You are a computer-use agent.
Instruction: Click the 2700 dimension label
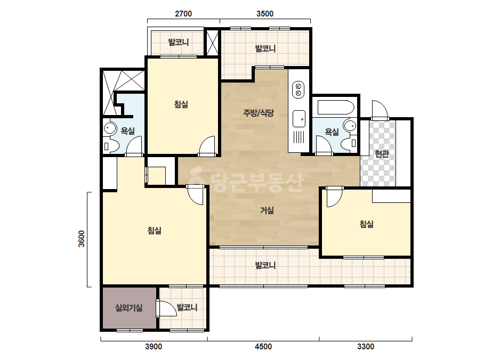tap(183, 14)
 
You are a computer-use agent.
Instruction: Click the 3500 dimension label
tap(265, 14)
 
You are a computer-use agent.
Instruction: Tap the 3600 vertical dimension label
tap(82, 239)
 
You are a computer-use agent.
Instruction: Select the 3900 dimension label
tap(154, 347)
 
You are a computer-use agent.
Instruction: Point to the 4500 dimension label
tap(263, 347)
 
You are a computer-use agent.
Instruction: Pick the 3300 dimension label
tap(366, 347)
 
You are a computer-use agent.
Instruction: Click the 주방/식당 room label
tap(259, 113)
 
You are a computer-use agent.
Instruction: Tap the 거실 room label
tap(267, 210)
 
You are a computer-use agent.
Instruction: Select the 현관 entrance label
tap(382, 154)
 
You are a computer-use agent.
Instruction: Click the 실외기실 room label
tap(129, 308)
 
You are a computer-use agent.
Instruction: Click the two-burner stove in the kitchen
tap(299, 89)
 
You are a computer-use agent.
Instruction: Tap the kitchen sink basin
tap(299, 119)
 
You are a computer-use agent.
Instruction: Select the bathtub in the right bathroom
tap(336, 107)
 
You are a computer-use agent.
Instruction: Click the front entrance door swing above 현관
tap(380, 110)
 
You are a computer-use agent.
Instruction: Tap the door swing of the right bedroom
tap(334, 197)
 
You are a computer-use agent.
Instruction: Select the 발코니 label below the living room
tap(265, 266)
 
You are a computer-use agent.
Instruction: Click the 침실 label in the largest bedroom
tap(155, 231)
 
